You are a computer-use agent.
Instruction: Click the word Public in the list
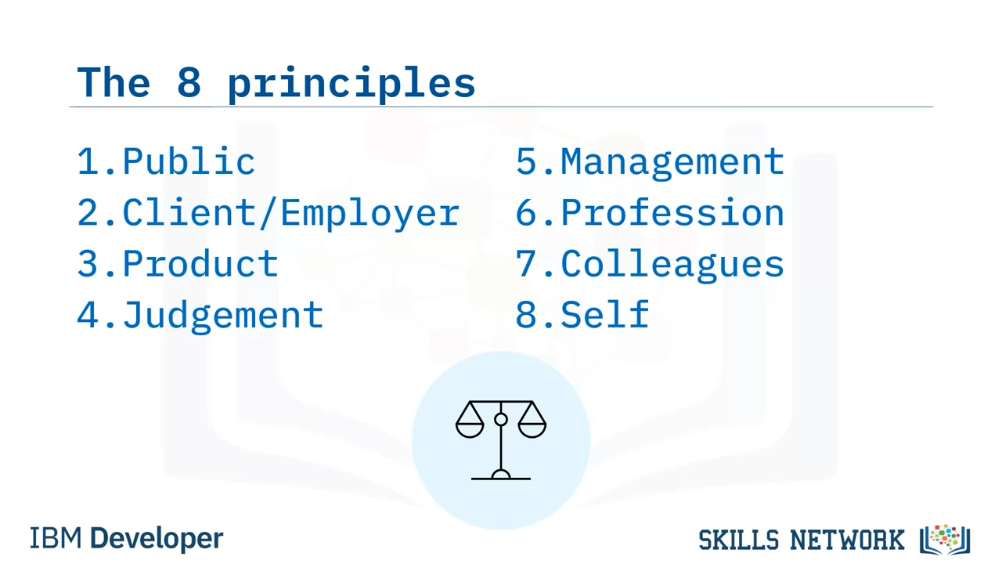click(189, 161)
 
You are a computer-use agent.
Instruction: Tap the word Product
click(200, 264)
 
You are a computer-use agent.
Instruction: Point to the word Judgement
click(222, 316)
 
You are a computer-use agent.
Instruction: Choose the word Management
click(672, 163)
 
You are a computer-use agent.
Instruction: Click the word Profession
click(672, 212)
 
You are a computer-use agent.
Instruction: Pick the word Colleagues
click(672, 265)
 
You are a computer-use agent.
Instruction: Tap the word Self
click(605, 314)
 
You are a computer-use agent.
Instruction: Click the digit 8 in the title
click(189, 82)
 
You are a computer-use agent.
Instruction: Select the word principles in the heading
click(351, 84)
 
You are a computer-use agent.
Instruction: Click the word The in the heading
click(114, 82)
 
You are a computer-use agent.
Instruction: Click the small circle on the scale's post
click(501, 419)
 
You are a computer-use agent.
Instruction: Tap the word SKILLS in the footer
click(738, 540)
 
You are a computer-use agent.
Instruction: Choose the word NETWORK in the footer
click(847, 540)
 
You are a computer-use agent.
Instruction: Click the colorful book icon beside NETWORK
click(945, 540)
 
